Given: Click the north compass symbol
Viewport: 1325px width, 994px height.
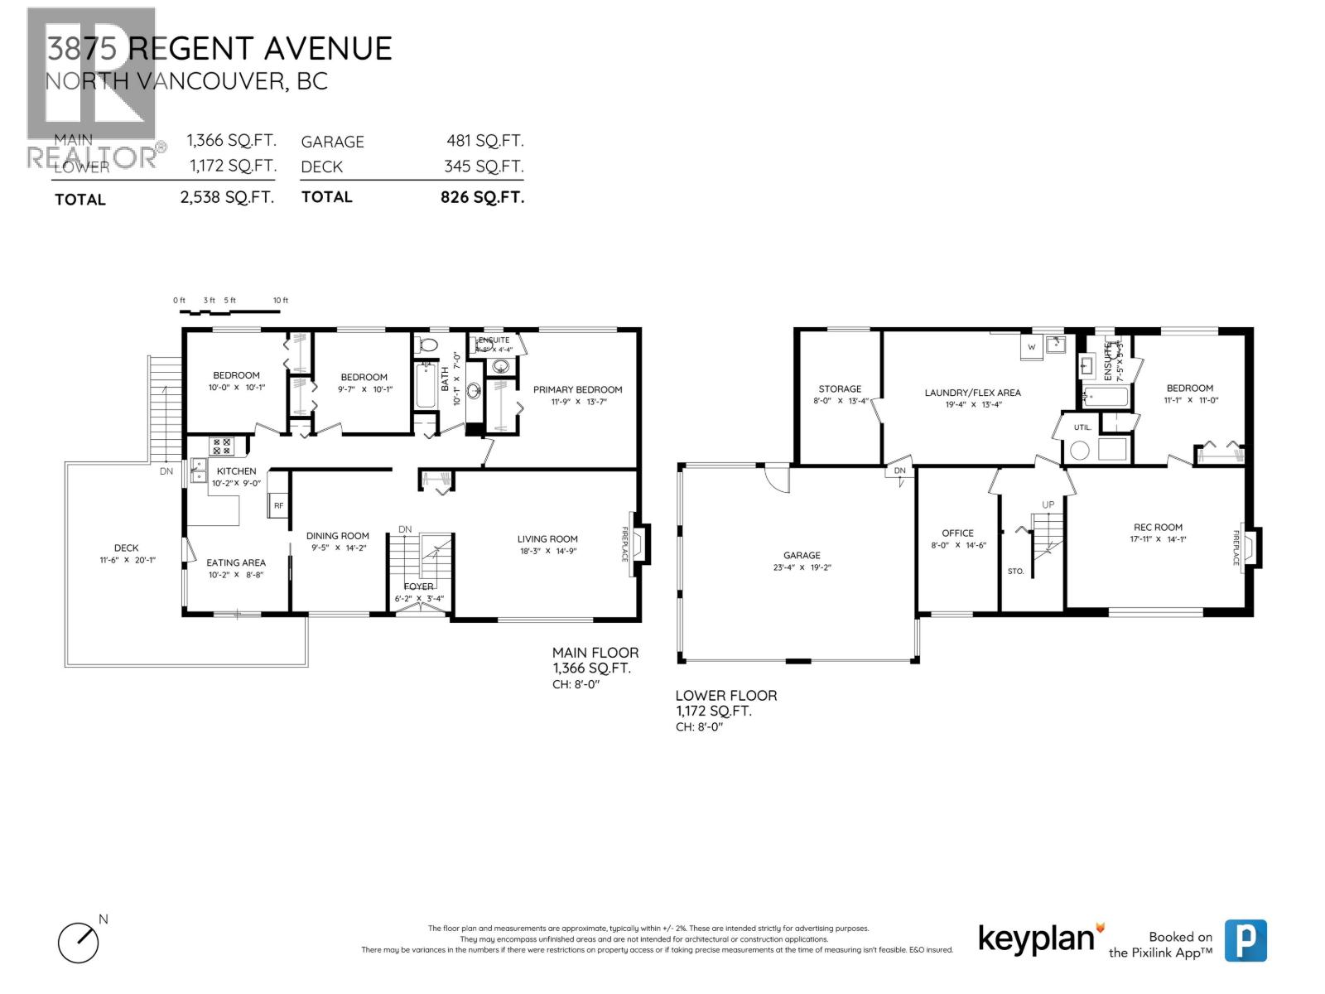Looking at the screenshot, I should (79, 942).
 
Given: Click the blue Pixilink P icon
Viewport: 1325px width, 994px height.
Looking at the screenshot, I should (1245, 941).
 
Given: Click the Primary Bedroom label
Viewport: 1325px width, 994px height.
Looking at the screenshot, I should (577, 389).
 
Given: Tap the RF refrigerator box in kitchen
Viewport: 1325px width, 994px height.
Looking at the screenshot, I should (278, 505).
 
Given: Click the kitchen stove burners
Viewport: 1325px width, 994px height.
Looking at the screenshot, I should (222, 446).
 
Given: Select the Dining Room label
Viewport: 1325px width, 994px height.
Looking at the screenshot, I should (337, 536).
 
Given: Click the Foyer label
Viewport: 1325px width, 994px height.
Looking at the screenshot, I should (419, 586).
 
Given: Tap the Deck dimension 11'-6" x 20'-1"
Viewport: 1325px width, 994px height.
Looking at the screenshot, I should (127, 560).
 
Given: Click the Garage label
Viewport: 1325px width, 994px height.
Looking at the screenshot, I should (802, 555).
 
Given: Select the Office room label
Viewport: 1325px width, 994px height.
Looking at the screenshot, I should (957, 533).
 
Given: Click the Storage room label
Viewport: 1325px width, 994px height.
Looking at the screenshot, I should (840, 388).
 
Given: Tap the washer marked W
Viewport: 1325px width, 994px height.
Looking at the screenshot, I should (1032, 346).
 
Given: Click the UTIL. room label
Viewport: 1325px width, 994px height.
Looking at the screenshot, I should (1082, 427).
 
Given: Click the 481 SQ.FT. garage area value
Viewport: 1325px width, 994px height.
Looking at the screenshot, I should (484, 142).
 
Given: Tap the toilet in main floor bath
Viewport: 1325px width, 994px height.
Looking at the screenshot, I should (428, 345).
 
